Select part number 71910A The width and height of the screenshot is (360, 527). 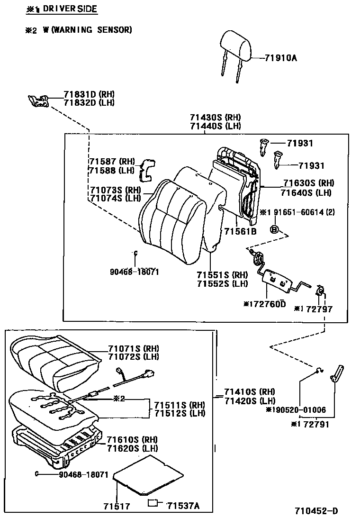point(281,58)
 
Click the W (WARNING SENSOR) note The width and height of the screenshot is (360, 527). point(87,30)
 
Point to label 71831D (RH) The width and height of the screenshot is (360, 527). point(89,94)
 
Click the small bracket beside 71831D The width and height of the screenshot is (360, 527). point(39,100)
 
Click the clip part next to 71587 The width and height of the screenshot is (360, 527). point(147,170)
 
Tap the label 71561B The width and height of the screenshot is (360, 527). point(240,231)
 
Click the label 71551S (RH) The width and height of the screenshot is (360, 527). point(222,275)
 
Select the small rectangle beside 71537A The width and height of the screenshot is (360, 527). point(153,503)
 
